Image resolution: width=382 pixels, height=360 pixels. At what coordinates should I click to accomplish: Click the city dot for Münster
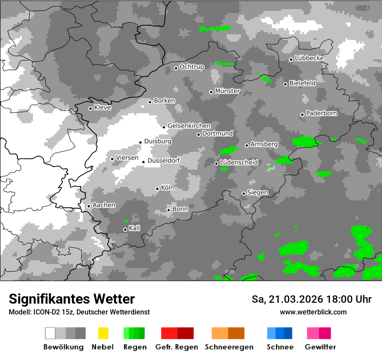[211, 92]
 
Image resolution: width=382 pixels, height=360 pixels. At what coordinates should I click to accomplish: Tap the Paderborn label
[321, 113]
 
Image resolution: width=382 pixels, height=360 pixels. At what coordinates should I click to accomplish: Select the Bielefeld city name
[302, 83]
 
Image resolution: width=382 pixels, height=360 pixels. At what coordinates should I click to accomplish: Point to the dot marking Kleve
[90, 108]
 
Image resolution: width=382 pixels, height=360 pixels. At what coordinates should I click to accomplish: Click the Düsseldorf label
[164, 160]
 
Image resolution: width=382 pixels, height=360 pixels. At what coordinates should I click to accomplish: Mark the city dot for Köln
[157, 189]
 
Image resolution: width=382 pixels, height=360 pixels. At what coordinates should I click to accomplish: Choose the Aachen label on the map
[104, 205]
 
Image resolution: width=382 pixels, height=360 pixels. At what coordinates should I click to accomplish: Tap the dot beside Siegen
[244, 193]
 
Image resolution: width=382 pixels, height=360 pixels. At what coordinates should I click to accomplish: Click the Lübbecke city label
[309, 58]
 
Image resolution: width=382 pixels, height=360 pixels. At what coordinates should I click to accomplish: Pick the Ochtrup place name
[191, 67]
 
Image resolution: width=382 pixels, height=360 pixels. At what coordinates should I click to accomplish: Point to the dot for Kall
[125, 229]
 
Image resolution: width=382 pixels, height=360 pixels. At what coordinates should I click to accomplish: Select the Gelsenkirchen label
[189, 125]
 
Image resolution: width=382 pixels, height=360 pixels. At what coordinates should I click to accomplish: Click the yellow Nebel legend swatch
[103, 333]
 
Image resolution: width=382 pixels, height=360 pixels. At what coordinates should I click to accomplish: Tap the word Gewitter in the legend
[320, 347]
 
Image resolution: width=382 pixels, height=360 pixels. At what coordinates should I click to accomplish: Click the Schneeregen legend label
[229, 347]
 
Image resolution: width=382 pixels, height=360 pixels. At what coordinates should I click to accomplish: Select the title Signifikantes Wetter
[72, 299]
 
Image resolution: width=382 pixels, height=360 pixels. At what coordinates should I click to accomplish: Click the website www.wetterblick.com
[313, 312]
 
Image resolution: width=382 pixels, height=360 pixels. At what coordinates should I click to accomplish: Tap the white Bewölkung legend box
[50, 333]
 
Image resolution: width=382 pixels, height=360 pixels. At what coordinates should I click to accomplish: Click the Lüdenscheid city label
[239, 162]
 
